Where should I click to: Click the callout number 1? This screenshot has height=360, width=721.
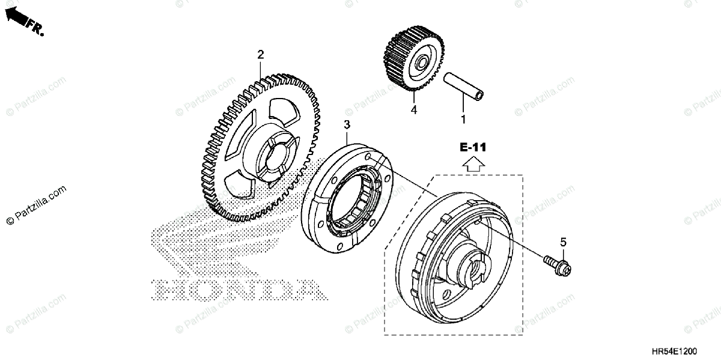[463, 119]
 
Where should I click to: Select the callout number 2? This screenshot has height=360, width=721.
[260, 55]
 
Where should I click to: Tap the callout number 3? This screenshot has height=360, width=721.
[347, 124]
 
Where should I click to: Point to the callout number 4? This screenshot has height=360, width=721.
[413, 110]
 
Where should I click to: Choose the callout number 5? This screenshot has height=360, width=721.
[563, 242]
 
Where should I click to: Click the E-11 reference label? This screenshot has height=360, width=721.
[473, 147]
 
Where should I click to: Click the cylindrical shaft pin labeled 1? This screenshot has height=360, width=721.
[463, 87]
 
